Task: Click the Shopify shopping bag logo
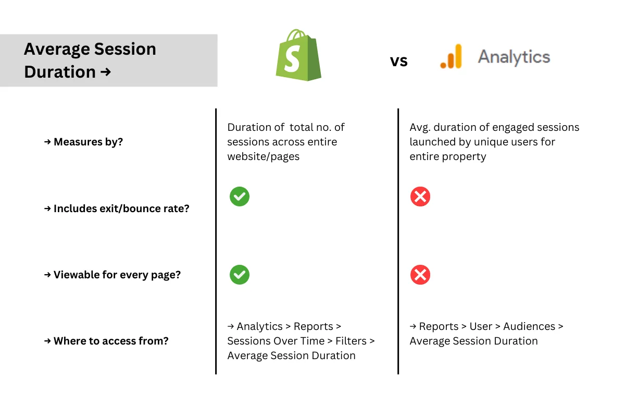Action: tap(298, 56)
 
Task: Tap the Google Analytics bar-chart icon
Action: tap(451, 56)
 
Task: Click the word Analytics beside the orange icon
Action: tap(514, 56)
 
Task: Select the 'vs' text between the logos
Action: tap(399, 61)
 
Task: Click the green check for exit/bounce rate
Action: tap(240, 197)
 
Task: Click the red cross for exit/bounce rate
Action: tap(420, 197)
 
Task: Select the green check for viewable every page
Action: tap(240, 275)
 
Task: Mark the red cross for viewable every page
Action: tap(420, 275)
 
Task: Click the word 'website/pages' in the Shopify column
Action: tap(263, 156)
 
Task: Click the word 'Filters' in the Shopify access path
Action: tap(351, 341)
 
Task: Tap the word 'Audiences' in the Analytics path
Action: tap(529, 326)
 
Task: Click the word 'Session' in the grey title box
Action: tap(123, 49)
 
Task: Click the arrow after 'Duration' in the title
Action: tap(105, 72)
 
